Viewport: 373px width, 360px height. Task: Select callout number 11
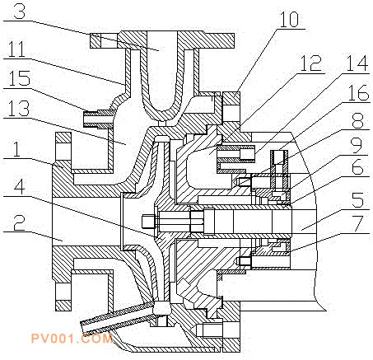[x=17, y=49]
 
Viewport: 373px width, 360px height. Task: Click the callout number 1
[x=17, y=148]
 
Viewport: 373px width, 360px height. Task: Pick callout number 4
[x=19, y=188]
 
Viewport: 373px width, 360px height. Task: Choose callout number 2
[x=19, y=222]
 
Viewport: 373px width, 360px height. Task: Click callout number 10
[x=289, y=19]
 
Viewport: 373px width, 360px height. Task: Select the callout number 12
[x=310, y=63]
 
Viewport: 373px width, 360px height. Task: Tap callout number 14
[x=356, y=63]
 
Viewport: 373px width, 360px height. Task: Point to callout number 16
[x=359, y=92]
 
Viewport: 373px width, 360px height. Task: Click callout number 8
[x=358, y=120]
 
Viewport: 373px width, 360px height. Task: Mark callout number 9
[x=357, y=146]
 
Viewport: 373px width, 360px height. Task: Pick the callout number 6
[x=357, y=167]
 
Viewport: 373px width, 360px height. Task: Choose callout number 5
[x=358, y=199]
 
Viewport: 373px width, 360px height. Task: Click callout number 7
[x=358, y=223]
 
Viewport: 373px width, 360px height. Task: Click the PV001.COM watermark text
[x=72, y=338]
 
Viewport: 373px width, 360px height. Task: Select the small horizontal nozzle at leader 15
[x=99, y=119]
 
